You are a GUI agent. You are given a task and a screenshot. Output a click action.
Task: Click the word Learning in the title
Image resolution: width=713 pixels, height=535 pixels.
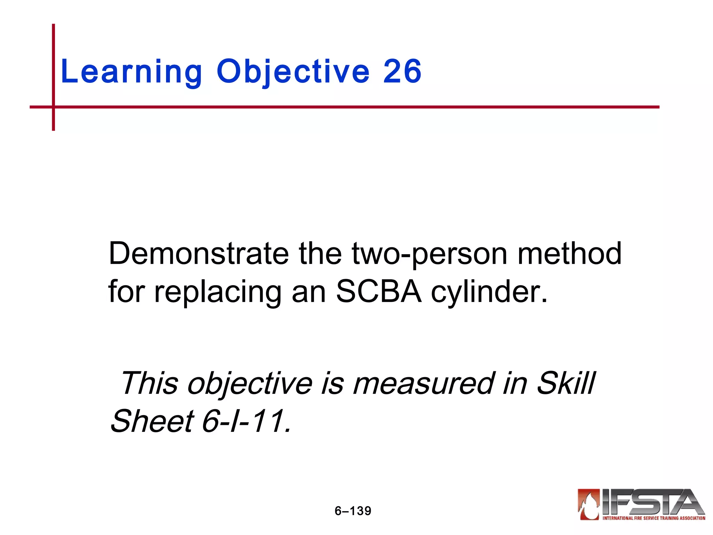131,72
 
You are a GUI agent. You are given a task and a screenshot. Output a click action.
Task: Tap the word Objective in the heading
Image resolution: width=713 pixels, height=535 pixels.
293,72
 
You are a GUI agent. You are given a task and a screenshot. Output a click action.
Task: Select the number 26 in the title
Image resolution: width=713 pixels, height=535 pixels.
402,72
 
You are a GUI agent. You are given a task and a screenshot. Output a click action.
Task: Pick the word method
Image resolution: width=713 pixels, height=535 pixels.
570,254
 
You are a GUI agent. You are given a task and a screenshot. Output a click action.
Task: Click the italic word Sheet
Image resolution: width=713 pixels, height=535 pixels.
152,421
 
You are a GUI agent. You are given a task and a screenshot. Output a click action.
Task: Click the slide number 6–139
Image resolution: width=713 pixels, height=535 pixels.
353,511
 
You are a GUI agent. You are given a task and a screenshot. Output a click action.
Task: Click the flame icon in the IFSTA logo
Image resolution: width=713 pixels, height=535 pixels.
589,504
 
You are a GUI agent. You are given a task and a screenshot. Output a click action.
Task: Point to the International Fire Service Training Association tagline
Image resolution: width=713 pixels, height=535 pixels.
654,518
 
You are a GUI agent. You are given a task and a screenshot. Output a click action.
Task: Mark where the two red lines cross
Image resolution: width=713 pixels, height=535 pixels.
54,107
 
